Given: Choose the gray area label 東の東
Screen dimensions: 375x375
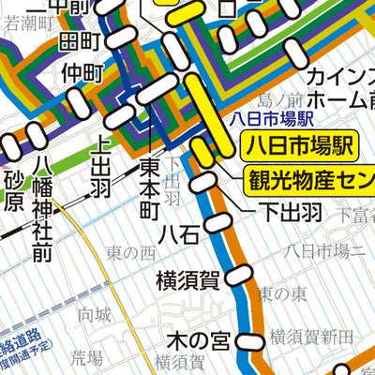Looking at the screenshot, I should coord(280,294).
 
